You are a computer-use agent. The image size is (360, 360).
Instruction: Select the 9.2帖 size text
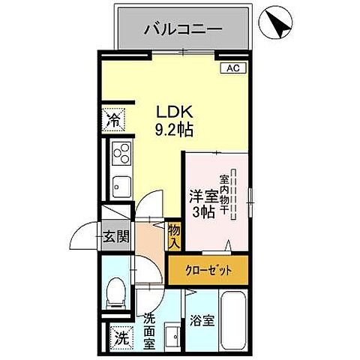[175, 130]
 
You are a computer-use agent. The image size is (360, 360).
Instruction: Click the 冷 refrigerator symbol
[113, 118]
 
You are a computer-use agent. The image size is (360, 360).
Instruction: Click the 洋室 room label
[202, 197]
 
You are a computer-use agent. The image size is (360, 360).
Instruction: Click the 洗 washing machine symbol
[119, 338]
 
